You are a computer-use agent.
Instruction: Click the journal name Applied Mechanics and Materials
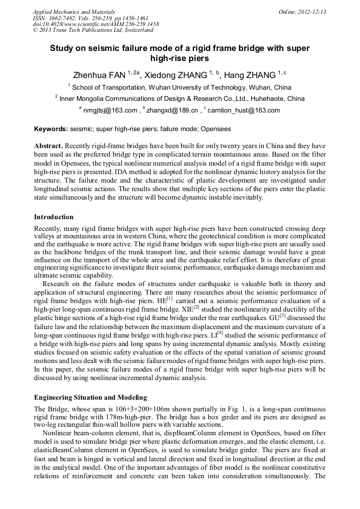74,11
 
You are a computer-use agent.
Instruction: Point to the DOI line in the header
96,24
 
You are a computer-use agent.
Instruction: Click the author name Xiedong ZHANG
178,75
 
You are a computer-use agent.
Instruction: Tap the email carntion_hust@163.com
244,110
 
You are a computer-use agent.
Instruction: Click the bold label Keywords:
51,129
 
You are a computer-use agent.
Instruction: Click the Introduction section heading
54,217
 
